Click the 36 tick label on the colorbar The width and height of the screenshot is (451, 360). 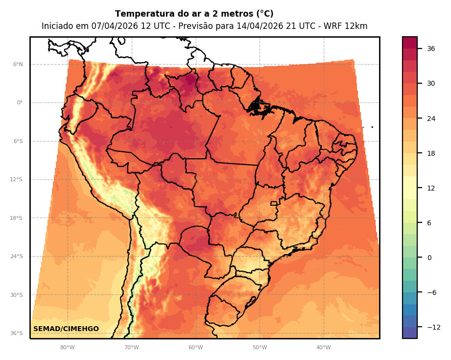pyautogui.click(x=431, y=48)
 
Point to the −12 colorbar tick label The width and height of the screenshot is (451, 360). pyautogui.click(x=433, y=327)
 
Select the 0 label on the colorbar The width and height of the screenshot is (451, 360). pyautogui.click(x=429, y=258)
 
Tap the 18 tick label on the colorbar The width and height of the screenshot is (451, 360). pyautogui.click(x=431, y=153)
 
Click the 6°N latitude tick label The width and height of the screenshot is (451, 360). pyautogui.click(x=18, y=64)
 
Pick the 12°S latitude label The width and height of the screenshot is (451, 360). pyautogui.click(x=17, y=180)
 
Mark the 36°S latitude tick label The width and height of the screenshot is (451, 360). pyautogui.click(x=17, y=334)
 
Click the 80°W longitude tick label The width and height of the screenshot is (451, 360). pyautogui.click(x=67, y=348)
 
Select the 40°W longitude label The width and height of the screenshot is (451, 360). pyautogui.click(x=323, y=348)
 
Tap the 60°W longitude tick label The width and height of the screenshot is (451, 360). pyautogui.click(x=195, y=348)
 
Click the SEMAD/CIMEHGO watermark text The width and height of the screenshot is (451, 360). pyautogui.click(x=66, y=329)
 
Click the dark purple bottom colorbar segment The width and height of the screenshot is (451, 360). pyautogui.click(x=410, y=333)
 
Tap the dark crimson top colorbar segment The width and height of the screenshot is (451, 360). pyautogui.click(x=410, y=43)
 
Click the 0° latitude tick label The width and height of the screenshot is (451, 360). pyautogui.click(x=20, y=103)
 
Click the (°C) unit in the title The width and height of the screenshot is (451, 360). pyautogui.click(x=263, y=14)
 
